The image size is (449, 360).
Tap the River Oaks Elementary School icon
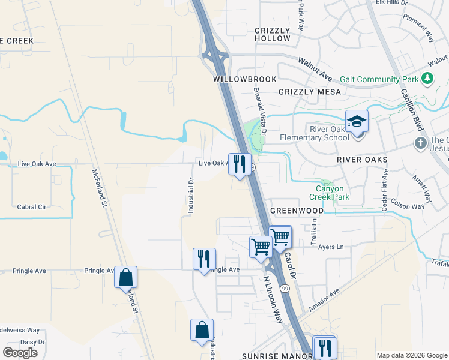[357, 123]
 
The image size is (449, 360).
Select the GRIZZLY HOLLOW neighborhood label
[272, 34]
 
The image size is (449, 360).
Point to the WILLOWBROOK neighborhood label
[245, 79]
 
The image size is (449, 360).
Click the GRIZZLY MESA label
[310, 92]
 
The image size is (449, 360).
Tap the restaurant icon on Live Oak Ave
[239, 164]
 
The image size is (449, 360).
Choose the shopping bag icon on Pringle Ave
[125, 278]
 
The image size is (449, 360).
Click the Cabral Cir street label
[32, 206]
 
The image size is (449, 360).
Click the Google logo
[20, 352]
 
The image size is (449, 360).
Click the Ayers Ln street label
[331, 247]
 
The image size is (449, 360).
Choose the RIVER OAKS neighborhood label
[361, 160]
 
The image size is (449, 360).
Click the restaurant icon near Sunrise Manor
[324, 347]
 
